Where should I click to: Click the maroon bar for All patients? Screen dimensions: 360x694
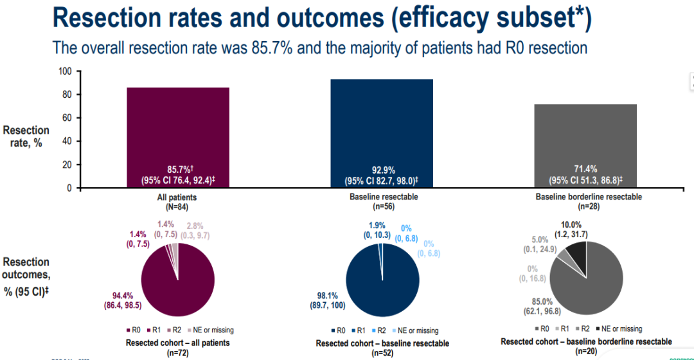[x=177, y=129]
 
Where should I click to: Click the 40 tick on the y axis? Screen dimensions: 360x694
[x=66, y=141]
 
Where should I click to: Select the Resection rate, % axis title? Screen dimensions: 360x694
[x=26, y=136]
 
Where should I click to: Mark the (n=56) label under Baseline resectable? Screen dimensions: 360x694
[x=382, y=207]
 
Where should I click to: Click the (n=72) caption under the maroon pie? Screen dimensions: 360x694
[x=178, y=352]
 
